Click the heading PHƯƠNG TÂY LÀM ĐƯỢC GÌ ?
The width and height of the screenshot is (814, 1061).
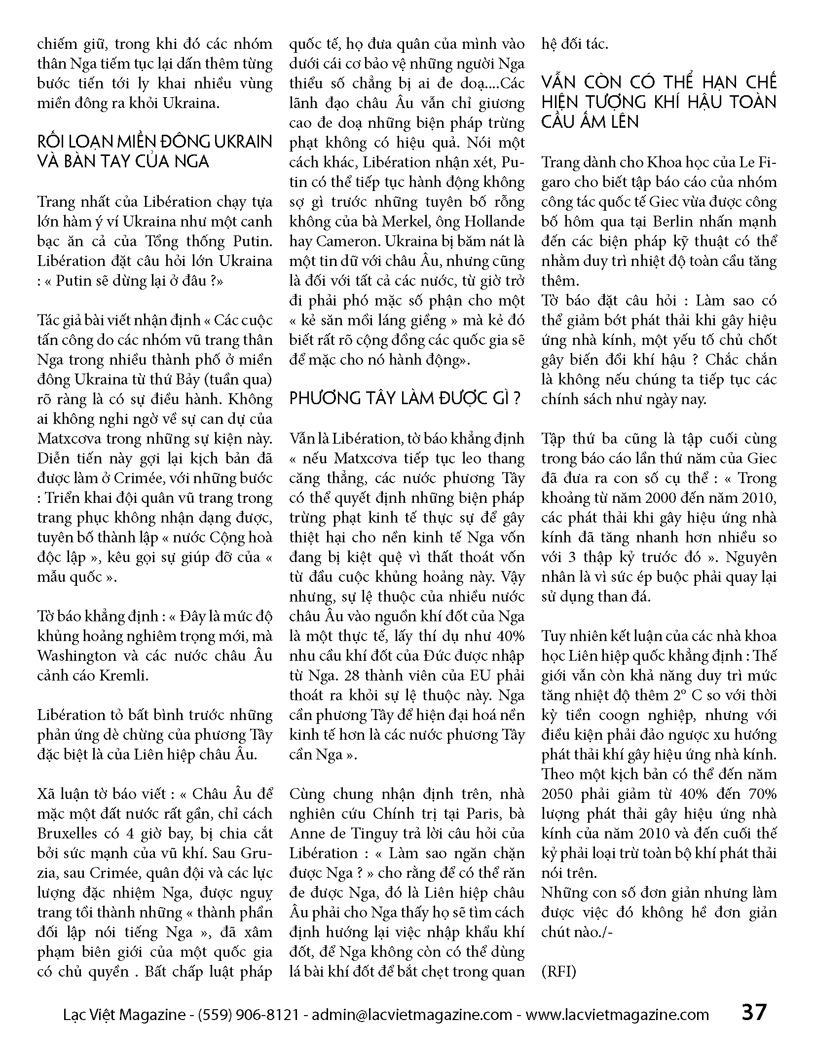tap(405, 399)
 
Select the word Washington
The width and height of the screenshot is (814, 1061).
tap(77, 656)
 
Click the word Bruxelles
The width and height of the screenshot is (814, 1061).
tap(67, 834)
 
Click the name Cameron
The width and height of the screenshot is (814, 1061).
tap(348, 241)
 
